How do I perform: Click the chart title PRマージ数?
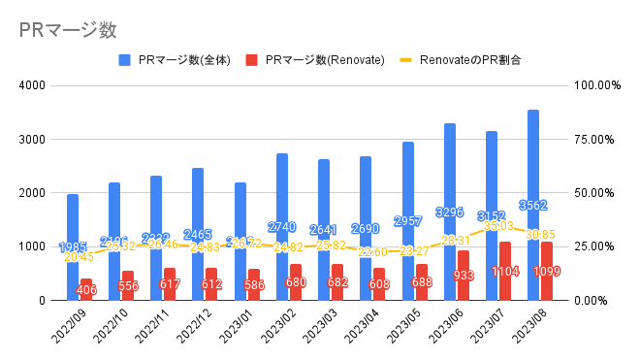click(60, 29)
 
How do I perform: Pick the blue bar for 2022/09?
click(73, 223)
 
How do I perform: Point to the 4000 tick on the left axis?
click(33, 85)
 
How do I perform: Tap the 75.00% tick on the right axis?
click(596, 139)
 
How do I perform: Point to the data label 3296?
click(449, 212)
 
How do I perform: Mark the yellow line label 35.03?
click(502, 226)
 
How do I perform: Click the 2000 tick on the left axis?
click(33, 193)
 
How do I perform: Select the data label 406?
click(86, 288)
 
